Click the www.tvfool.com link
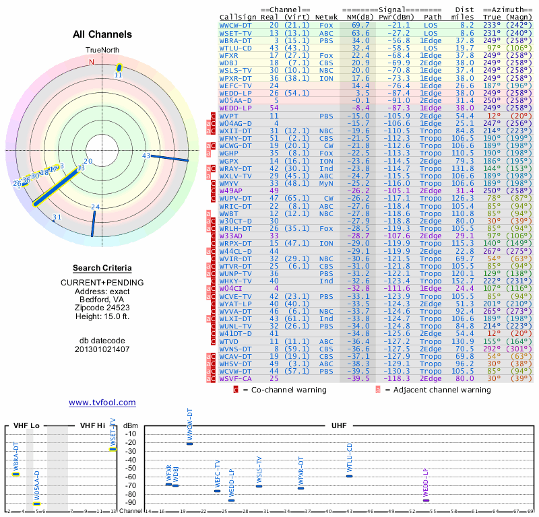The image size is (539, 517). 102,403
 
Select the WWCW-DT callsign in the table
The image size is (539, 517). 236,24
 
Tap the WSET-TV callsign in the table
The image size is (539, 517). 236,32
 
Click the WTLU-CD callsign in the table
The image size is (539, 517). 236,48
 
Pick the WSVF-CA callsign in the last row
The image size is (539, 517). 236,378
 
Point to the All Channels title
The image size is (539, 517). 102,34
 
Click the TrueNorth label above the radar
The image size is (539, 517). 102,50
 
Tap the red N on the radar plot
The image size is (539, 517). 92,62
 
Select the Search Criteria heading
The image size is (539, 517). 102,268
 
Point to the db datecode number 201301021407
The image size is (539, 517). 102,349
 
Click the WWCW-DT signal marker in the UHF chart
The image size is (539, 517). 189,444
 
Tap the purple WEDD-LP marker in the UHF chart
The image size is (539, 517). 426,499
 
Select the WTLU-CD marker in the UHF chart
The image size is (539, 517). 349,476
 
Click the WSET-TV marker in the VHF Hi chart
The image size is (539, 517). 113,449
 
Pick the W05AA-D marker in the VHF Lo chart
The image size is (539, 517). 36,503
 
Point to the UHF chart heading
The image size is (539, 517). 341,425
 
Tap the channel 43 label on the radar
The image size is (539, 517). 146,156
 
